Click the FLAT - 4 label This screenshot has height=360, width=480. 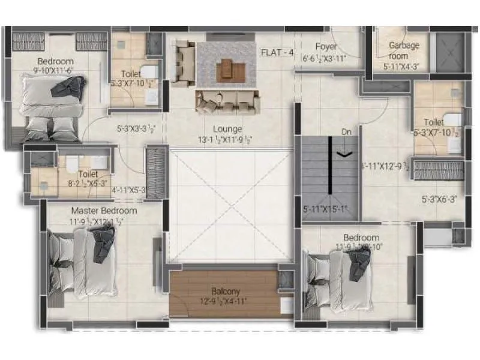(x=277, y=52)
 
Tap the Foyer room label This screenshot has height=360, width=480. (x=326, y=47)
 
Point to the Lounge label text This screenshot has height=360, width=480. (x=227, y=129)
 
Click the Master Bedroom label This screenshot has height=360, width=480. (x=104, y=211)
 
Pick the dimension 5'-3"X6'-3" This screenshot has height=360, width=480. (x=443, y=200)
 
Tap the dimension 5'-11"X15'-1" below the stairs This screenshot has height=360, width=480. (x=325, y=210)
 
